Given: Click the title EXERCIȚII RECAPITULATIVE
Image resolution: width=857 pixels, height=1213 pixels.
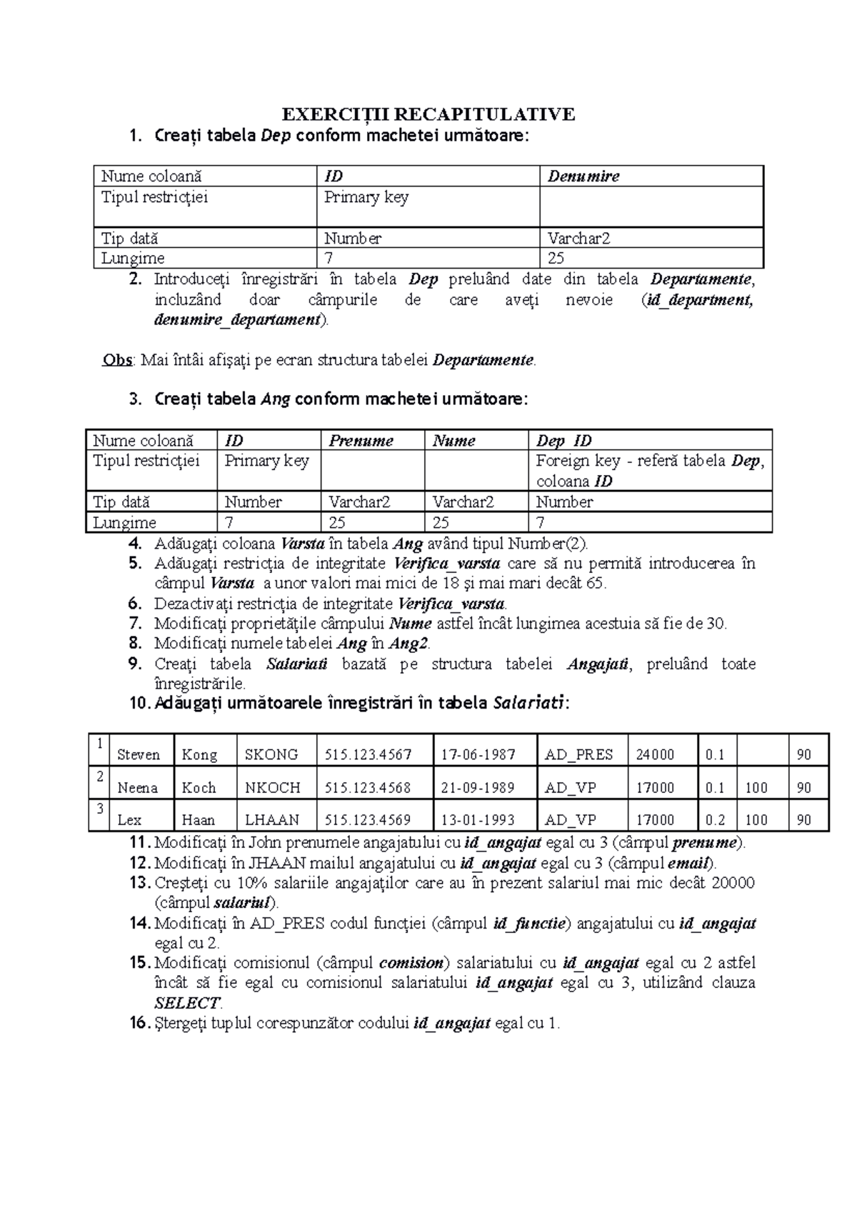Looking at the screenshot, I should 428,114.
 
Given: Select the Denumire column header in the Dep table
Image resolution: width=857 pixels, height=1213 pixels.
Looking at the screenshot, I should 583,176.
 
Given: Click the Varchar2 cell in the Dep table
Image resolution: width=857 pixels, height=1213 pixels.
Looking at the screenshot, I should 578,239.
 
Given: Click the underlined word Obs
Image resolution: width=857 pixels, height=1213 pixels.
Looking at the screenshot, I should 117,360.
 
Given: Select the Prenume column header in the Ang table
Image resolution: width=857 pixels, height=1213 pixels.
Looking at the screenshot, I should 361,441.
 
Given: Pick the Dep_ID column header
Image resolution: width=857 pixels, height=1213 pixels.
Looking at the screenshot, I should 563,441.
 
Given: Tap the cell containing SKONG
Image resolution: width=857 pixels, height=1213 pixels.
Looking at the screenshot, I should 271,755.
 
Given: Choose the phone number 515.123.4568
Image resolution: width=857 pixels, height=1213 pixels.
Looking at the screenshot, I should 367,788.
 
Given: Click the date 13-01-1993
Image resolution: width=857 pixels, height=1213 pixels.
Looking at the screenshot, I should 477,820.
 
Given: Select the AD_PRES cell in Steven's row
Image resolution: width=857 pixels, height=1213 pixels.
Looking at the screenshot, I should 578,755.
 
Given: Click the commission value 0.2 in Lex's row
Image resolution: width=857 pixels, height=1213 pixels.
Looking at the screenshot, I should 714,820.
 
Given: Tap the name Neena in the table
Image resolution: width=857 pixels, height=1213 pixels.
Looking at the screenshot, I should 137,788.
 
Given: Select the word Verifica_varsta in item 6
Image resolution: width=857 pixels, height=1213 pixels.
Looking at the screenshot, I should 451,604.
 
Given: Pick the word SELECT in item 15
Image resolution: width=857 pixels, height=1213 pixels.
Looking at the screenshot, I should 188,1003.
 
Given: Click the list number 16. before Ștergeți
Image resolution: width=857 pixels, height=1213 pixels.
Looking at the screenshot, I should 140,1024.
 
